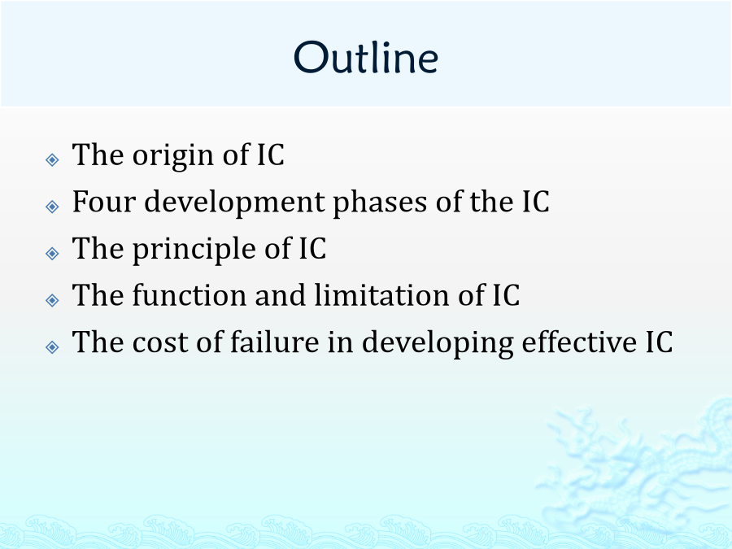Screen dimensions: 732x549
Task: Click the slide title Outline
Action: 366,57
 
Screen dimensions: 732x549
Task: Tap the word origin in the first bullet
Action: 174,156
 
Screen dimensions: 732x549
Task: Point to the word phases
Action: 380,203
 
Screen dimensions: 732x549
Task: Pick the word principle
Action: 194,250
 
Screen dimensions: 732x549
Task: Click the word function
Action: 190,295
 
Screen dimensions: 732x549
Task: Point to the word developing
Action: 438,343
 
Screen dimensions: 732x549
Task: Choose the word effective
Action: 579,342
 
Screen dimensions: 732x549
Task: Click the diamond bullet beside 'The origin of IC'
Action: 52,159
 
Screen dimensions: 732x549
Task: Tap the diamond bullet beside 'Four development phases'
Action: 52,207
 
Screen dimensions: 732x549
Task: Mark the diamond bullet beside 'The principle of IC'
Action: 52,253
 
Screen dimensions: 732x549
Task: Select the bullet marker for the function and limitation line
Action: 52,299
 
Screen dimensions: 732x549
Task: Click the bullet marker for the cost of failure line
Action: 52,346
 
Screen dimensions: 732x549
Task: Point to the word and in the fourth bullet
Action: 281,295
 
